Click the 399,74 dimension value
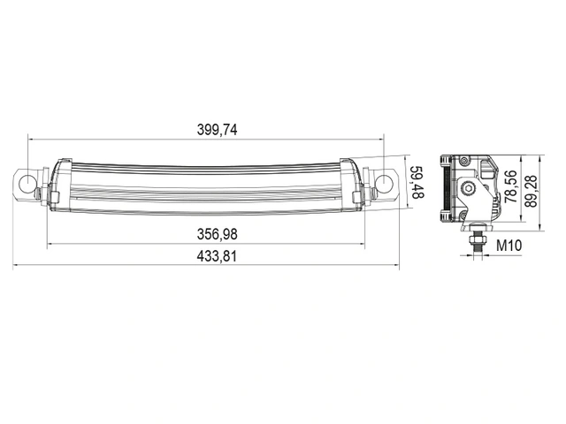click(x=217, y=129)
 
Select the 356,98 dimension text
click(x=217, y=234)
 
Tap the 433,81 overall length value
click(x=217, y=255)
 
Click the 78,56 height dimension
click(x=510, y=187)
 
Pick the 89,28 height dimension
click(x=532, y=190)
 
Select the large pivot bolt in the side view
click(x=469, y=188)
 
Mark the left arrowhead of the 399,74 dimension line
click(x=32, y=139)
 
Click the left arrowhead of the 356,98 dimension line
click(x=50, y=245)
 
